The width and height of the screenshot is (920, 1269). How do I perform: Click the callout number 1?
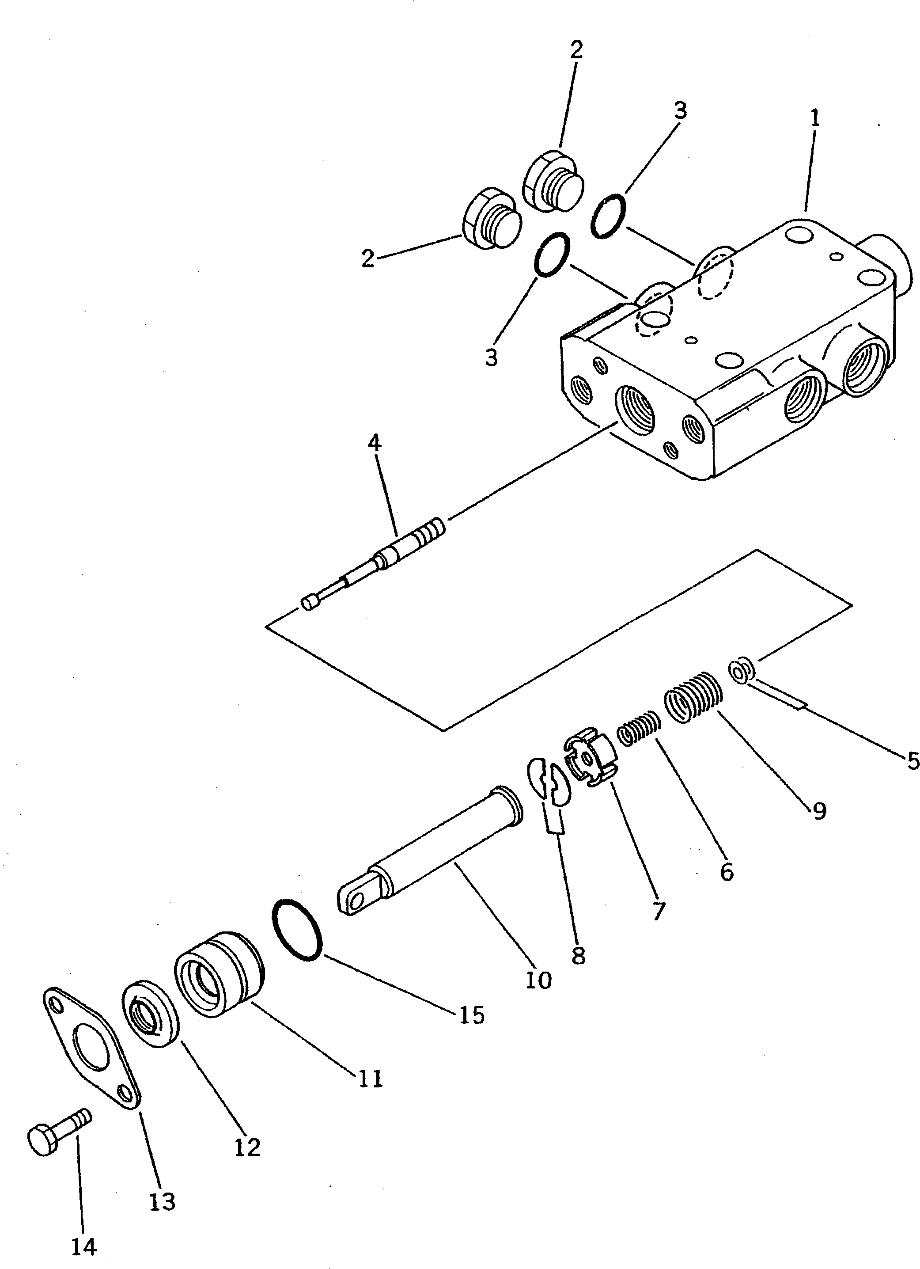(815, 118)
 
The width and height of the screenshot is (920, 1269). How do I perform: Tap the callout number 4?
(374, 443)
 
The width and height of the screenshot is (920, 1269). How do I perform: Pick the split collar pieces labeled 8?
(549, 779)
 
